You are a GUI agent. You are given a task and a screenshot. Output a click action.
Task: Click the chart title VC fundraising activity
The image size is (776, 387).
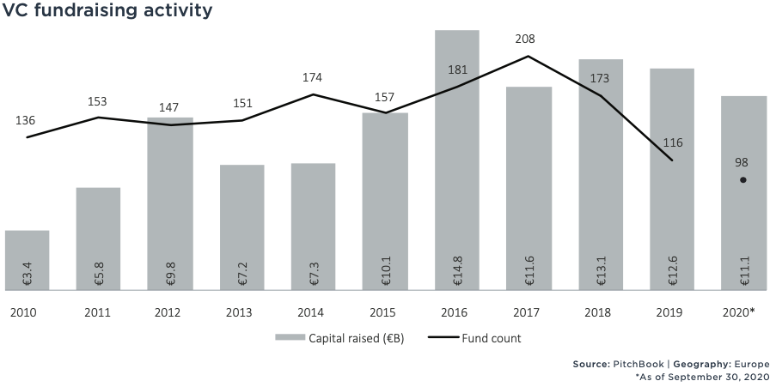click(107, 9)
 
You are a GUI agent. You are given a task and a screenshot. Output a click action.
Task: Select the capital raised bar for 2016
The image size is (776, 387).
click(457, 160)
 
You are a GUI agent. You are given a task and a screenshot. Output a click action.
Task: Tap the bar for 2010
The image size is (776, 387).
click(27, 260)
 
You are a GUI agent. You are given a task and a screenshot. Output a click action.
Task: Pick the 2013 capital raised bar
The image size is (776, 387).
click(242, 227)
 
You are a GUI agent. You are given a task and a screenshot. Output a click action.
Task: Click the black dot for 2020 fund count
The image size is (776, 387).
click(742, 180)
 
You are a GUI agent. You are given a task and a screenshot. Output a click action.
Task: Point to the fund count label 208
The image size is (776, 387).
click(525, 39)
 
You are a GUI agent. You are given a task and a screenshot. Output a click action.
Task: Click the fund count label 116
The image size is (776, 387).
click(672, 142)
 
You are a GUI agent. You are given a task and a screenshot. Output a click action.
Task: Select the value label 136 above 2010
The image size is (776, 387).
click(25, 120)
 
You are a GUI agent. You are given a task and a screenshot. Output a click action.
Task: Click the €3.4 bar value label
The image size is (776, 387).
click(27, 274)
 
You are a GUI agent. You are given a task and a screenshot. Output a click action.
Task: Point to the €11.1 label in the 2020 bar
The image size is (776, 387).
click(743, 270)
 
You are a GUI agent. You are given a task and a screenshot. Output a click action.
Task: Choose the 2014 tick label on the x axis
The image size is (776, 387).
click(311, 313)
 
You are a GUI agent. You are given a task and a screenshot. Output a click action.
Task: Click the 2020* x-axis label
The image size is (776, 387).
click(739, 312)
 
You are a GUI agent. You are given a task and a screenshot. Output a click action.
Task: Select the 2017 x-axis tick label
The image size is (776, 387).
click(526, 313)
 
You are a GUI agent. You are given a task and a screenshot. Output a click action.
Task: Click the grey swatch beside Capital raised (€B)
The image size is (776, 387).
click(290, 337)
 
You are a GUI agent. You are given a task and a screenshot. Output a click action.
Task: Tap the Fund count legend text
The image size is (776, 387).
click(492, 338)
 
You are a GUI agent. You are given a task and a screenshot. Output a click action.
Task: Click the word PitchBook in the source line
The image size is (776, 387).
click(639, 365)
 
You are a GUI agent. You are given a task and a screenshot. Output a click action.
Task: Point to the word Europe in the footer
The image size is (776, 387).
click(752, 365)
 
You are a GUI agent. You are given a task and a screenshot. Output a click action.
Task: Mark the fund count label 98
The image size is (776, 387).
click(742, 163)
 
